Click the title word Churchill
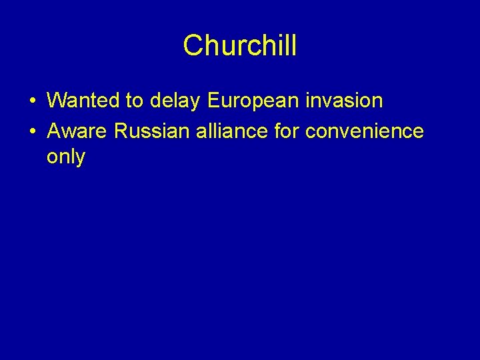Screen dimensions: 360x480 click(240, 46)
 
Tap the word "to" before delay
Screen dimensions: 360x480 click(134, 101)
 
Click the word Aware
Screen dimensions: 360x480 click(78, 131)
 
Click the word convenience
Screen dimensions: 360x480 click(364, 131)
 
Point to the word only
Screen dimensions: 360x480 click(66, 157)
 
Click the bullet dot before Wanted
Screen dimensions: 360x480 click(31, 101)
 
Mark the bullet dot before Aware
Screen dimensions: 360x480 click(31, 132)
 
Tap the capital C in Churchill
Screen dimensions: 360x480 click(192, 46)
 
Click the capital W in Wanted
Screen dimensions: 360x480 click(57, 101)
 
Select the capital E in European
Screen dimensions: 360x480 click(213, 101)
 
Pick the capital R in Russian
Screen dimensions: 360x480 click(121, 131)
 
